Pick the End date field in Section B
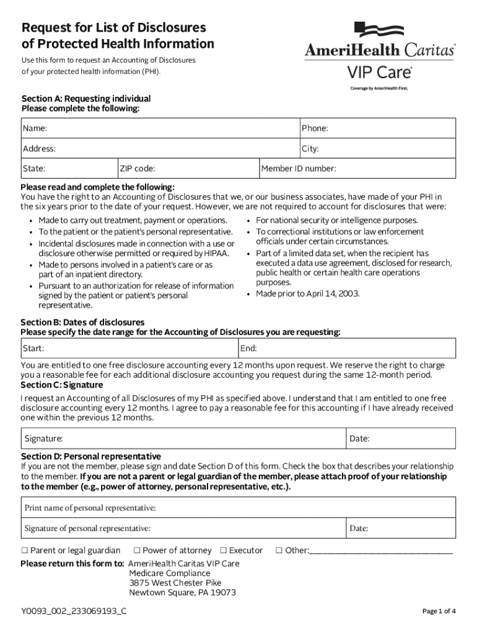[347, 349]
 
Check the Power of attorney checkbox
[137, 551]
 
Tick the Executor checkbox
[224, 551]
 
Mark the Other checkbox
[279, 551]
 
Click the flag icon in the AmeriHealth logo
[379, 30]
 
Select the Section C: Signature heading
[62, 385]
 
